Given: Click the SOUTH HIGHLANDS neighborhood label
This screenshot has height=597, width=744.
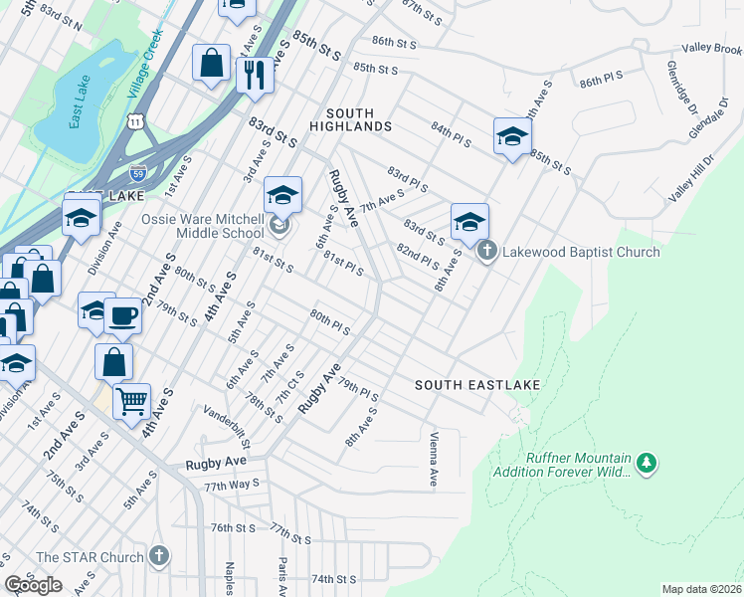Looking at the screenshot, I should (x=349, y=119).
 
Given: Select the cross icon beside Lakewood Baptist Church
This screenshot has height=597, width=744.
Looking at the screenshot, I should (x=486, y=251).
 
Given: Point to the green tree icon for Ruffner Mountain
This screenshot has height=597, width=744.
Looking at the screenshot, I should (x=648, y=462).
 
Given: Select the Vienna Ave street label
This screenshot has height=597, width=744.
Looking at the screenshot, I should (x=433, y=459).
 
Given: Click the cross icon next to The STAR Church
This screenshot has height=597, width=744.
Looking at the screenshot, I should (x=158, y=556).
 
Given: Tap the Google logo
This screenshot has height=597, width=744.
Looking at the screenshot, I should (x=34, y=584).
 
